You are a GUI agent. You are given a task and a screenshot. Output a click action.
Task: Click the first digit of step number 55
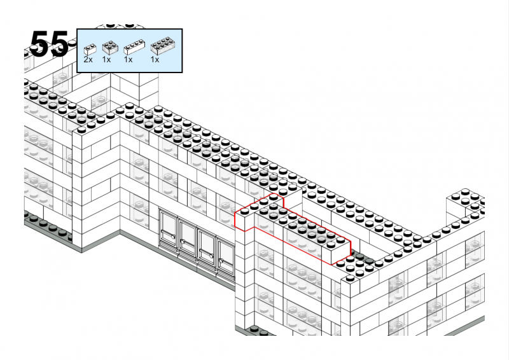coord(39,44)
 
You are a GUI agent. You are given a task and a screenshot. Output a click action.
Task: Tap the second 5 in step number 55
coord(59,44)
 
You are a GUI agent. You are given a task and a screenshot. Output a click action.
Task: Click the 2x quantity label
coord(88,59)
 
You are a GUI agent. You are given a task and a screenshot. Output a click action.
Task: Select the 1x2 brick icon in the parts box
coord(90,50)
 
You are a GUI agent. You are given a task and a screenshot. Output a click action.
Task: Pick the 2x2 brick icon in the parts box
coord(110,48)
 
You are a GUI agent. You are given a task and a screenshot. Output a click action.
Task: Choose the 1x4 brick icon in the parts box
coord(134,47)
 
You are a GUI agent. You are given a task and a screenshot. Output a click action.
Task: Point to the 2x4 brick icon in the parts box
coord(164,46)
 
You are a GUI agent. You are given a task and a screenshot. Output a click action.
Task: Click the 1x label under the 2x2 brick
coord(106,59)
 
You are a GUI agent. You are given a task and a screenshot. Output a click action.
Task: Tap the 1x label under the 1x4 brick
coord(129,59)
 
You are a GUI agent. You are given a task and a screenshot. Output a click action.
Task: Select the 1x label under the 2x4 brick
coord(155,59)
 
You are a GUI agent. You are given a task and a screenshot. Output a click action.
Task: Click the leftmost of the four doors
coord(168,229)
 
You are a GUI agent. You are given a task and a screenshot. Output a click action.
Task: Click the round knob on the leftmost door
coord(174,237)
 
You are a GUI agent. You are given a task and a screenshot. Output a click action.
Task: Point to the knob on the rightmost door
coord(221,261)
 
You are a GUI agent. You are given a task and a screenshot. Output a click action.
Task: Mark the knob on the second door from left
coord(183,241)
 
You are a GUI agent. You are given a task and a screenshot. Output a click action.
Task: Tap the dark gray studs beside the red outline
coord(360,258)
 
